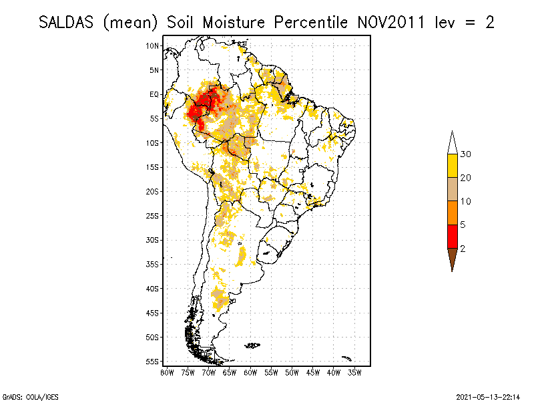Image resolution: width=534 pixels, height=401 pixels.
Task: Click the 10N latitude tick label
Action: point(153,45)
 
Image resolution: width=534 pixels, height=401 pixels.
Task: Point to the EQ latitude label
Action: point(154,94)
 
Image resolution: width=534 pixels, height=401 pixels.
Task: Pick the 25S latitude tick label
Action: point(153,215)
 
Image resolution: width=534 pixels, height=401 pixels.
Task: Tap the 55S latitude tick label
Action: point(153,361)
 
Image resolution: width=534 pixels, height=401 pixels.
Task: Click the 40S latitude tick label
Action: point(153,288)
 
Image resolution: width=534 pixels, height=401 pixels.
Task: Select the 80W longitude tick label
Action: point(167,372)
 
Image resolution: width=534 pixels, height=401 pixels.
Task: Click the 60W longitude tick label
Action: point(250,372)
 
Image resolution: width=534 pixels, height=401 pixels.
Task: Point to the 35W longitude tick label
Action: point(354,372)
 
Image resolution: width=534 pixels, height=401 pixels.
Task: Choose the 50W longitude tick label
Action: point(292,372)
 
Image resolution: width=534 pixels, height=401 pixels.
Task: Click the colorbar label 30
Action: point(466,154)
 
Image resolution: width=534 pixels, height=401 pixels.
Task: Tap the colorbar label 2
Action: point(463,248)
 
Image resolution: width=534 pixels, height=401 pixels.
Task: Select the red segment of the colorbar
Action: point(452,236)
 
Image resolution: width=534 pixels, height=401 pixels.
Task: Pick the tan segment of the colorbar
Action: point(452,189)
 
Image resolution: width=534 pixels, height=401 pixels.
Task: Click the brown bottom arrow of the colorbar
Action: point(452,259)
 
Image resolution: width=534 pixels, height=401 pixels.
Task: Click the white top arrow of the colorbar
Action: point(452,142)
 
